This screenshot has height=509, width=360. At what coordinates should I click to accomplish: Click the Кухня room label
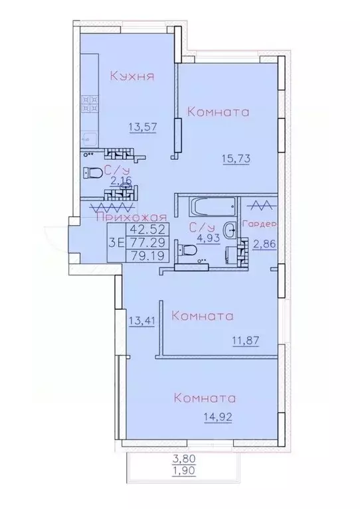tap(132, 76)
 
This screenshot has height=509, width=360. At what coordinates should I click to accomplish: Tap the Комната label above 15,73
tap(219, 112)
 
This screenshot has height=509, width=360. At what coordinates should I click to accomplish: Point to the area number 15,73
tap(235, 157)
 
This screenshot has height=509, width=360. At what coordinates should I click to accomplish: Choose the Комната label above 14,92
tap(205, 398)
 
